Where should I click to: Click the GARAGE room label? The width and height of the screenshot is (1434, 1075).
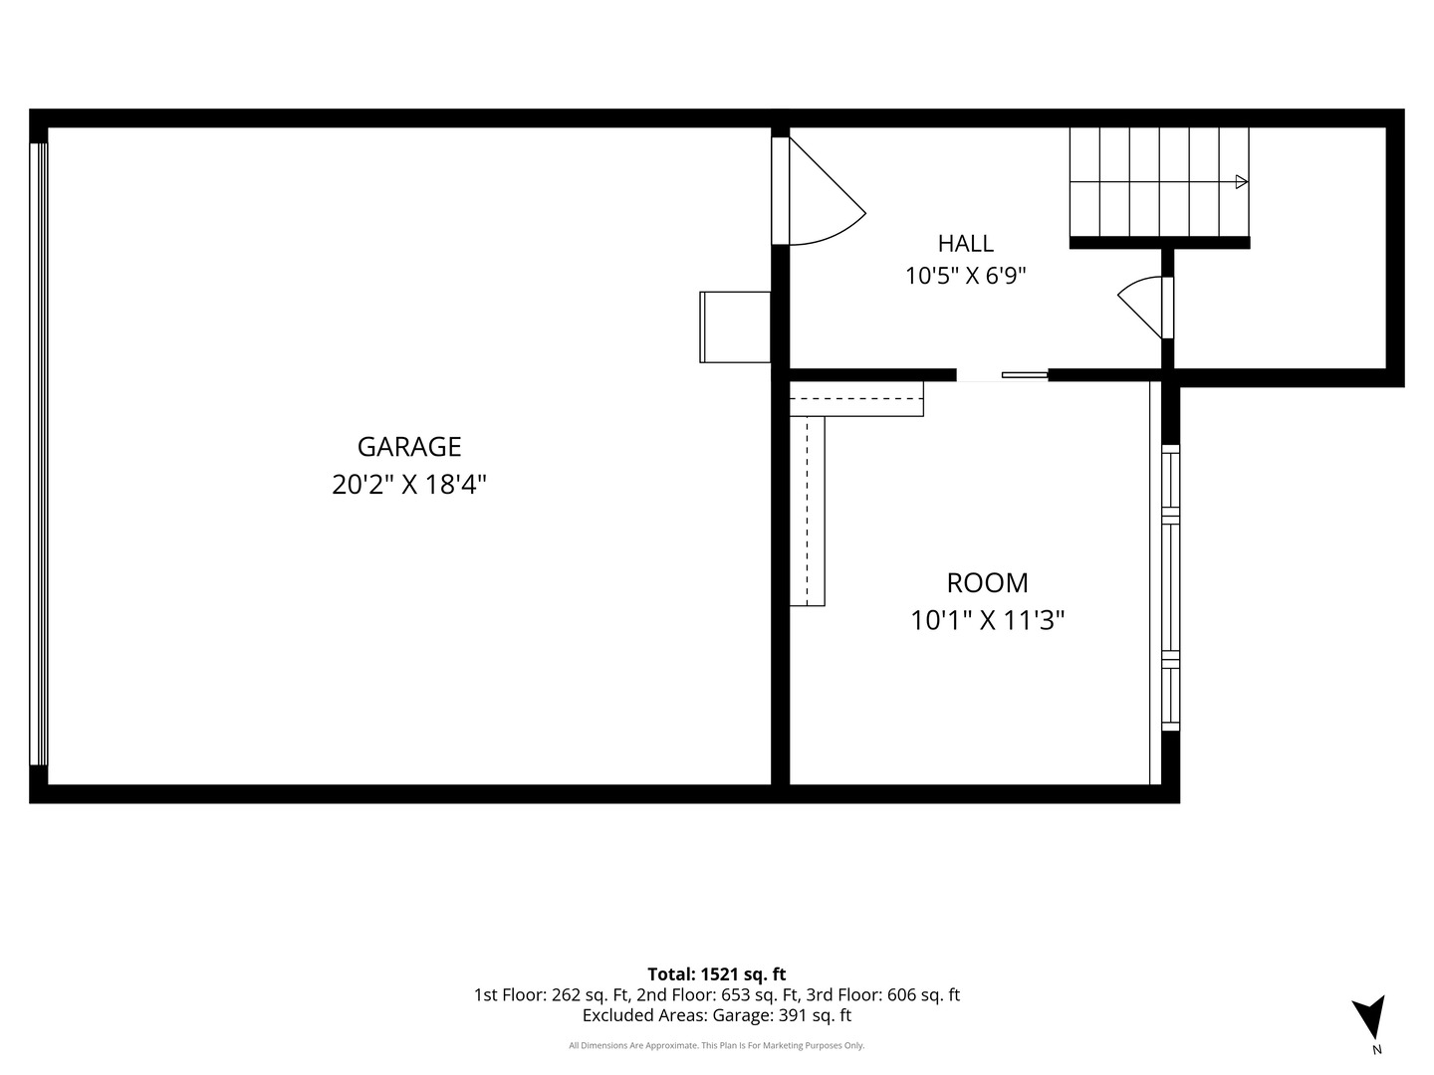(x=409, y=447)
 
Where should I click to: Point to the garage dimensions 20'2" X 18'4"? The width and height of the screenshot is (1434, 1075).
(x=409, y=485)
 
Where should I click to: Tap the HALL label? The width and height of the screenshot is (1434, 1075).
(x=966, y=244)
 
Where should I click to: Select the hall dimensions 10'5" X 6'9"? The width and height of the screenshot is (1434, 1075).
(x=966, y=276)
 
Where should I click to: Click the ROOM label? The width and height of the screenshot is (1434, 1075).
(x=987, y=583)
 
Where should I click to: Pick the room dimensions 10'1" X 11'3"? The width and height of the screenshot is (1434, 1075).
(x=987, y=620)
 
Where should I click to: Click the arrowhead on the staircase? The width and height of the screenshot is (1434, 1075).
(x=1241, y=182)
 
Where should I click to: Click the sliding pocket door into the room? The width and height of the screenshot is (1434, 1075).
(x=1025, y=374)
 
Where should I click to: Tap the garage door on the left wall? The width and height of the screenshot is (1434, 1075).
(x=39, y=454)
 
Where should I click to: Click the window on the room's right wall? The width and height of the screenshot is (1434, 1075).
(x=1171, y=587)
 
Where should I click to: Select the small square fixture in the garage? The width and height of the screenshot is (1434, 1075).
(x=735, y=327)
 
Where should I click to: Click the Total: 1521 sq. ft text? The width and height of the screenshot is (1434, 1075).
(x=717, y=973)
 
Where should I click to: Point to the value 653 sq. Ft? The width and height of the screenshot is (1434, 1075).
(x=760, y=994)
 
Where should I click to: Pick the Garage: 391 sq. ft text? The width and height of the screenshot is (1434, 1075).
(x=782, y=1015)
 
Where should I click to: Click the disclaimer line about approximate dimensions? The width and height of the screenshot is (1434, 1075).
(x=717, y=1045)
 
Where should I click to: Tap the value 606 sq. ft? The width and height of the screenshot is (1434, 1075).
(x=923, y=994)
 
